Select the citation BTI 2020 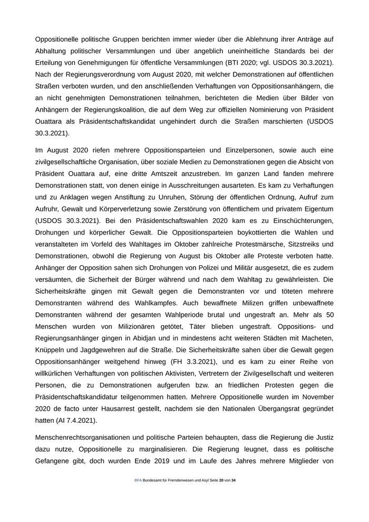click(254, 63)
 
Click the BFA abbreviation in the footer click(138, 480)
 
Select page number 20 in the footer click(221, 480)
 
